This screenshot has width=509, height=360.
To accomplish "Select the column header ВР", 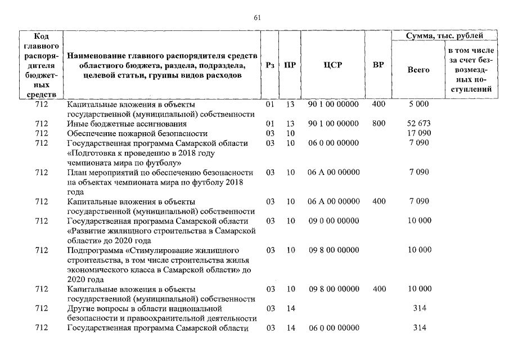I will tap(379, 65).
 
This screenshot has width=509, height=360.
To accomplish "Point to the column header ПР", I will tap(290, 65).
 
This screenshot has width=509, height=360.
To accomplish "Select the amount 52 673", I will tap(418, 124).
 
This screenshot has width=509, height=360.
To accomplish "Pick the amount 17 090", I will tap(418, 134).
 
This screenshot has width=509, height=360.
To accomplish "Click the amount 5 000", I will tap(418, 105).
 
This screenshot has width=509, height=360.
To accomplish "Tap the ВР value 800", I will tap(379, 124).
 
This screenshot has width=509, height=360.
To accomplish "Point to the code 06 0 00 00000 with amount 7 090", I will tap(334, 143).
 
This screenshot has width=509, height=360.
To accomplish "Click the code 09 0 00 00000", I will tap(334, 221).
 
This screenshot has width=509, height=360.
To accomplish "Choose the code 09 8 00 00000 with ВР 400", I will tap(334, 289).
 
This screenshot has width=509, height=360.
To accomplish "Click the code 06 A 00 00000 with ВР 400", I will tap(334, 201).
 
